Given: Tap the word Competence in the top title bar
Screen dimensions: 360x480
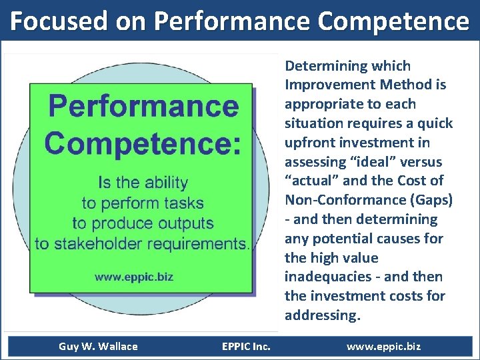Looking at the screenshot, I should (x=393, y=21).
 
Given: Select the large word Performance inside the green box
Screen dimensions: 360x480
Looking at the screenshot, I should (x=143, y=107).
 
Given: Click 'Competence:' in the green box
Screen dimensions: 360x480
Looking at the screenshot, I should (x=142, y=142).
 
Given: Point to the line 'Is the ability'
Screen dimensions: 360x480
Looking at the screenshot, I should (x=143, y=183).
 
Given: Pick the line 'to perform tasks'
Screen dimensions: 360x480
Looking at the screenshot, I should (x=143, y=203).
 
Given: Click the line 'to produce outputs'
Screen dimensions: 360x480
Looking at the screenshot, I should (x=143, y=223).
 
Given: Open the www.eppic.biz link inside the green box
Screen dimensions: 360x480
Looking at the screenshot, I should (x=133, y=276).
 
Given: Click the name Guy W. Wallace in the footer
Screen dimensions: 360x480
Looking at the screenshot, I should (x=98, y=346).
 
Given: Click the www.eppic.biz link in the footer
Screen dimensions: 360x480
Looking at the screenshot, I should (x=383, y=346).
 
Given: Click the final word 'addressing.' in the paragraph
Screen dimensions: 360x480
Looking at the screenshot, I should (x=322, y=315).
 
